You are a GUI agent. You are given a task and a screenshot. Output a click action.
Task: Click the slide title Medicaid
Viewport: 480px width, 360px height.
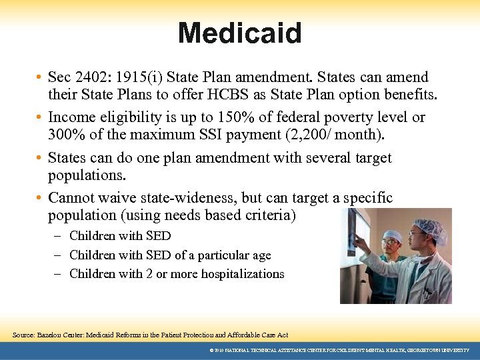239,33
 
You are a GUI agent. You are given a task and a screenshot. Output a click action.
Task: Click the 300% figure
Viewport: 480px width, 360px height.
65,135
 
